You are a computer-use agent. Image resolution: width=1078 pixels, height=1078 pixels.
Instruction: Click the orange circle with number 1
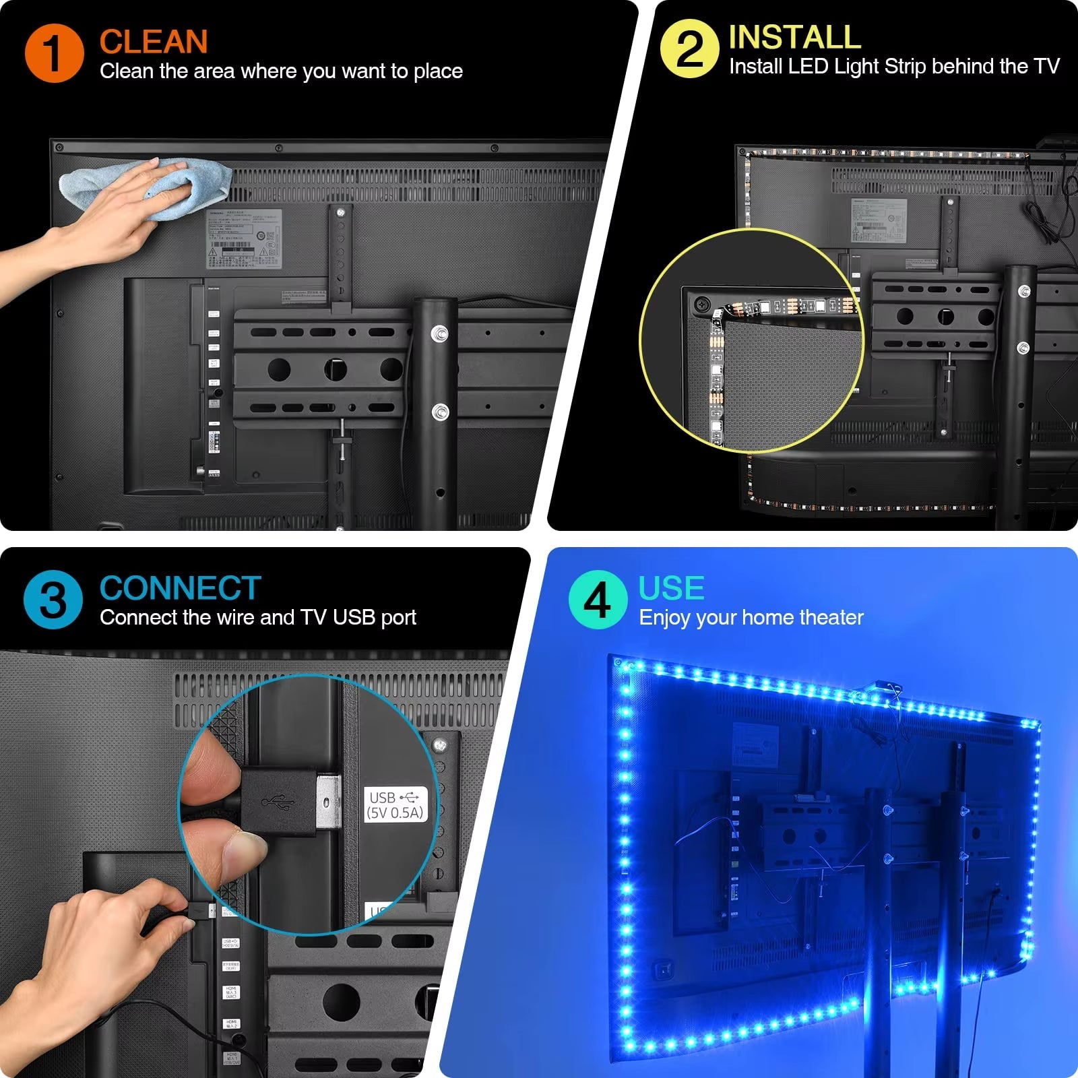tap(54, 53)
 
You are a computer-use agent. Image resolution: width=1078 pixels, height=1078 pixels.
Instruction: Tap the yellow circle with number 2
tap(689, 49)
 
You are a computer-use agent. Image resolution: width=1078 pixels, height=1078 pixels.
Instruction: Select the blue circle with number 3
tap(53, 599)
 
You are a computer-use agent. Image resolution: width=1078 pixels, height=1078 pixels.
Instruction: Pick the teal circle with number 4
tap(598, 599)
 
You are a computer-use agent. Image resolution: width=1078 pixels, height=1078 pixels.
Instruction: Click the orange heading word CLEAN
tap(154, 42)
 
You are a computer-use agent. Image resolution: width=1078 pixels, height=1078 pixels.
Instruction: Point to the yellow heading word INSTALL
tap(794, 37)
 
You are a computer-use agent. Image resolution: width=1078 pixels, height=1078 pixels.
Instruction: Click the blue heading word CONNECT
tap(180, 588)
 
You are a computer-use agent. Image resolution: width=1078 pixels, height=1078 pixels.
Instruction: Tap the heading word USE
tap(671, 588)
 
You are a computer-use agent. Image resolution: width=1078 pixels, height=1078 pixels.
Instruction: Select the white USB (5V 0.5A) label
tap(395, 804)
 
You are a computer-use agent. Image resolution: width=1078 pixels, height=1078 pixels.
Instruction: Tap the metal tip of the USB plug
tap(328, 803)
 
